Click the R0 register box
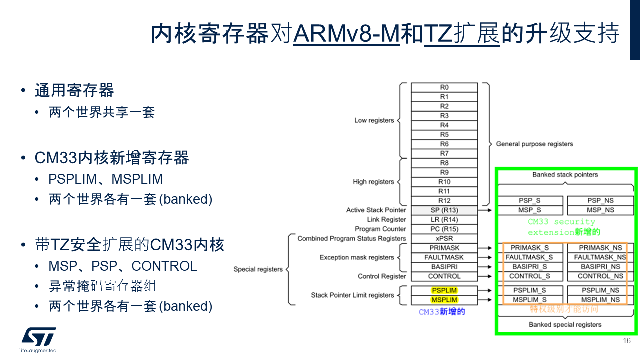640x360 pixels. click(444, 87)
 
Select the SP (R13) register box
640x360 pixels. click(444, 210)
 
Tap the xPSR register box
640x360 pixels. click(444, 239)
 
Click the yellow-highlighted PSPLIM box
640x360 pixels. click(444, 290)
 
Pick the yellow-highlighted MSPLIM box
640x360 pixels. click(444, 300)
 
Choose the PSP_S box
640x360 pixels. click(530, 201)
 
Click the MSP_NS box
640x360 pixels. click(600, 210)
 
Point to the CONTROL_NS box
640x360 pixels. click(600, 276)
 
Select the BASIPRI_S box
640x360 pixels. click(530, 267)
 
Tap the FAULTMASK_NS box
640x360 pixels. click(600, 257)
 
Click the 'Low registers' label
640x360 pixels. click(374, 120)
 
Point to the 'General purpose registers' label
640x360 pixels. click(534, 144)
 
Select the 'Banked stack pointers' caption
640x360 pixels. click(565, 175)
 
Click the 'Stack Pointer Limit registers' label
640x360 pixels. click(352, 295)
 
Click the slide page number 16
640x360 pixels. click(627, 341)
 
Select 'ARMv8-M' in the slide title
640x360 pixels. click(346, 33)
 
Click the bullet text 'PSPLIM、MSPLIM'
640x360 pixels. click(106, 179)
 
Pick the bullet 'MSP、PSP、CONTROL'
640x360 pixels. click(123, 266)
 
